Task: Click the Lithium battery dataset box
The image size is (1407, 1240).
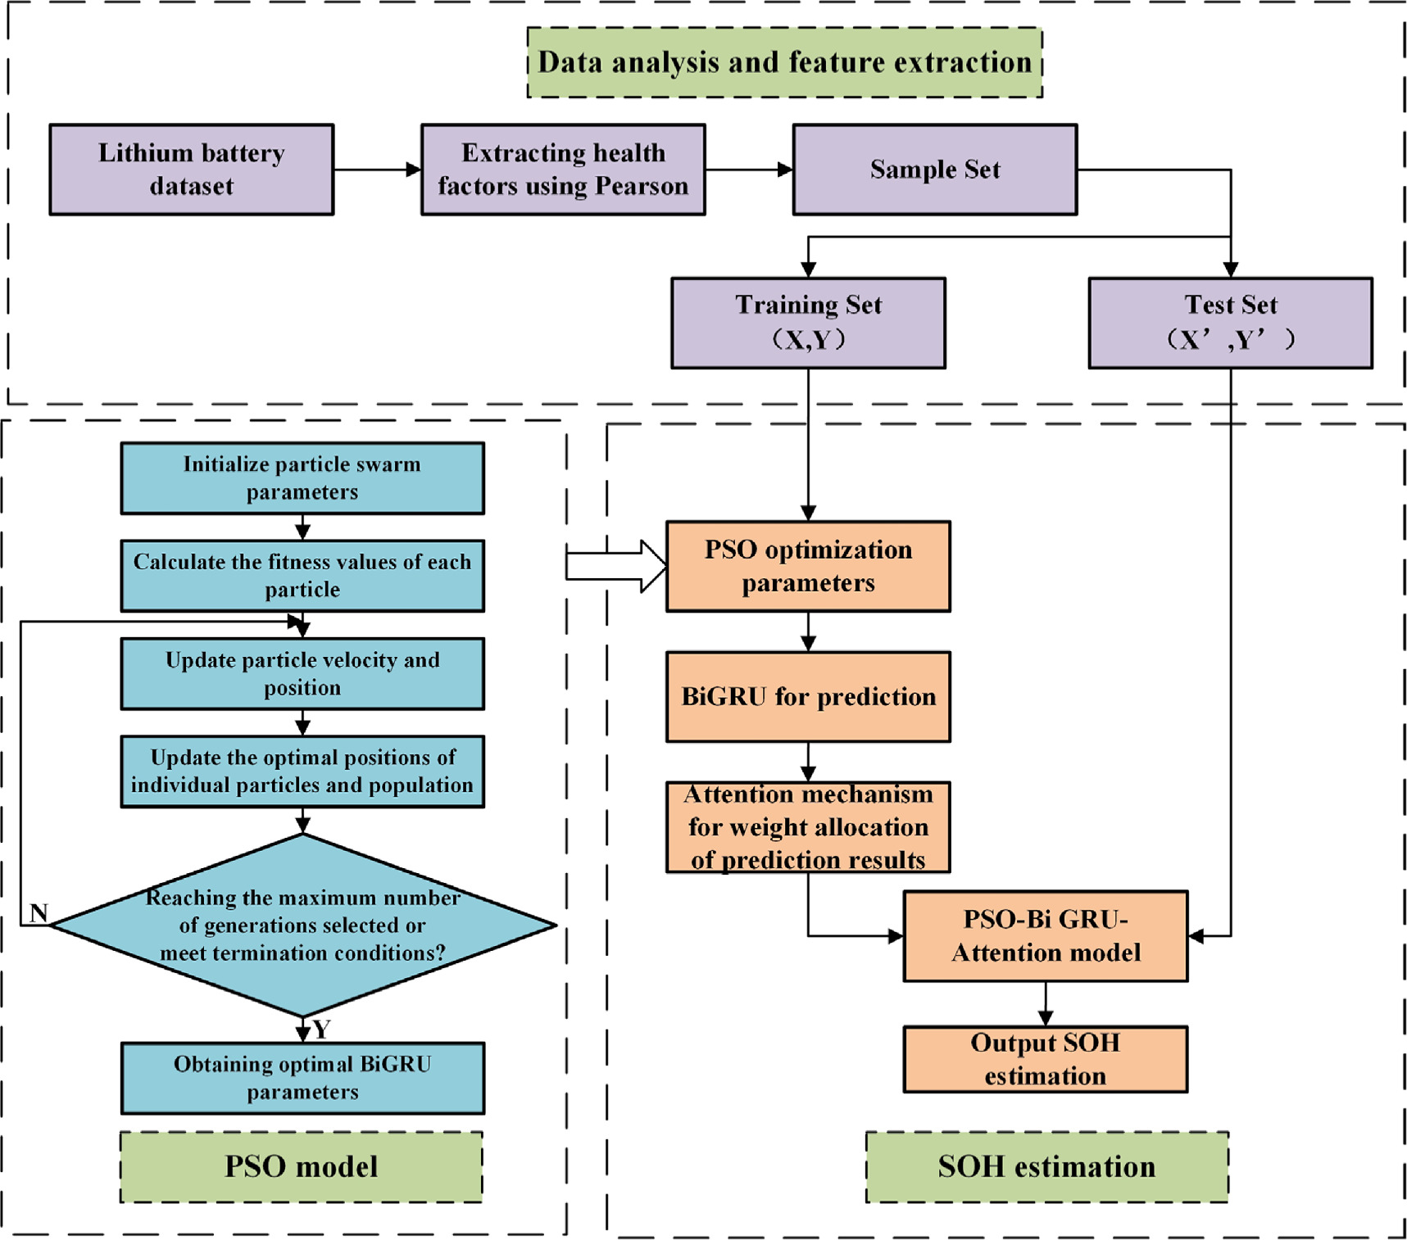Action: [191, 170]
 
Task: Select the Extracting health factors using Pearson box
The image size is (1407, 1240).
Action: [563, 170]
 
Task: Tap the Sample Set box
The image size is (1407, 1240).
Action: [934, 170]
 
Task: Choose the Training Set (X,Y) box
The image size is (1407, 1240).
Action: [808, 323]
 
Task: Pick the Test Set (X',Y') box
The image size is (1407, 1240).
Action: [1230, 323]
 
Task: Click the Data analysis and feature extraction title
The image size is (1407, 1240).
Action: [784, 62]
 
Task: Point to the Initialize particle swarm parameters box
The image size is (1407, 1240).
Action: [302, 478]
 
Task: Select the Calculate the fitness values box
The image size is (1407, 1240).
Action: [302, 576]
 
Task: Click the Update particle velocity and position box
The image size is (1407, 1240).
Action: [302, 673]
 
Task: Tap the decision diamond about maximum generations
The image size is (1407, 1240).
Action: [302, 925]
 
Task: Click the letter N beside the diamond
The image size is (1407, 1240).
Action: [39, 912]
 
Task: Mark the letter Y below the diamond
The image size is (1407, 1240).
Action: [321, 1030]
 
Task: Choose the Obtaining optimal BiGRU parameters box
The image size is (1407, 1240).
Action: [302, 1078]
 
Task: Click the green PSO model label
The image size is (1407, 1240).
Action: [301, 1167]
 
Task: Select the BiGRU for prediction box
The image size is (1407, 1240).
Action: [808, 697]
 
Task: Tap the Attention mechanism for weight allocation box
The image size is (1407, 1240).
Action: [808, 827]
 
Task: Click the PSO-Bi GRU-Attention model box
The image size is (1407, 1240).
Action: [1045, 936]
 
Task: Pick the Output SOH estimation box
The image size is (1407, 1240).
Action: [1045, 1059]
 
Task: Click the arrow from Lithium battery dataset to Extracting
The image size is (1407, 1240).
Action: [377, 170]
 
